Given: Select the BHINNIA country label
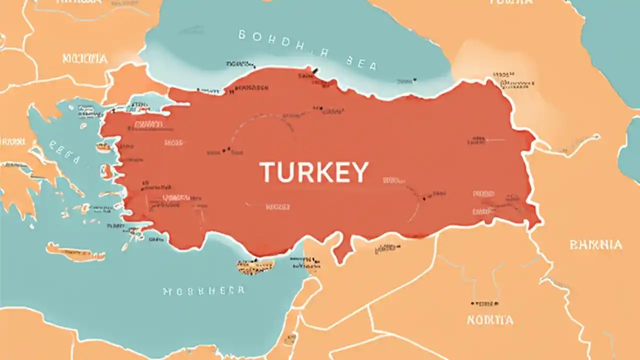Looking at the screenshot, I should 595,245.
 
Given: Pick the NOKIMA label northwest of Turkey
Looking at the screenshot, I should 85,58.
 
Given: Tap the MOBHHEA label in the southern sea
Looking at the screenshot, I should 204,290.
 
